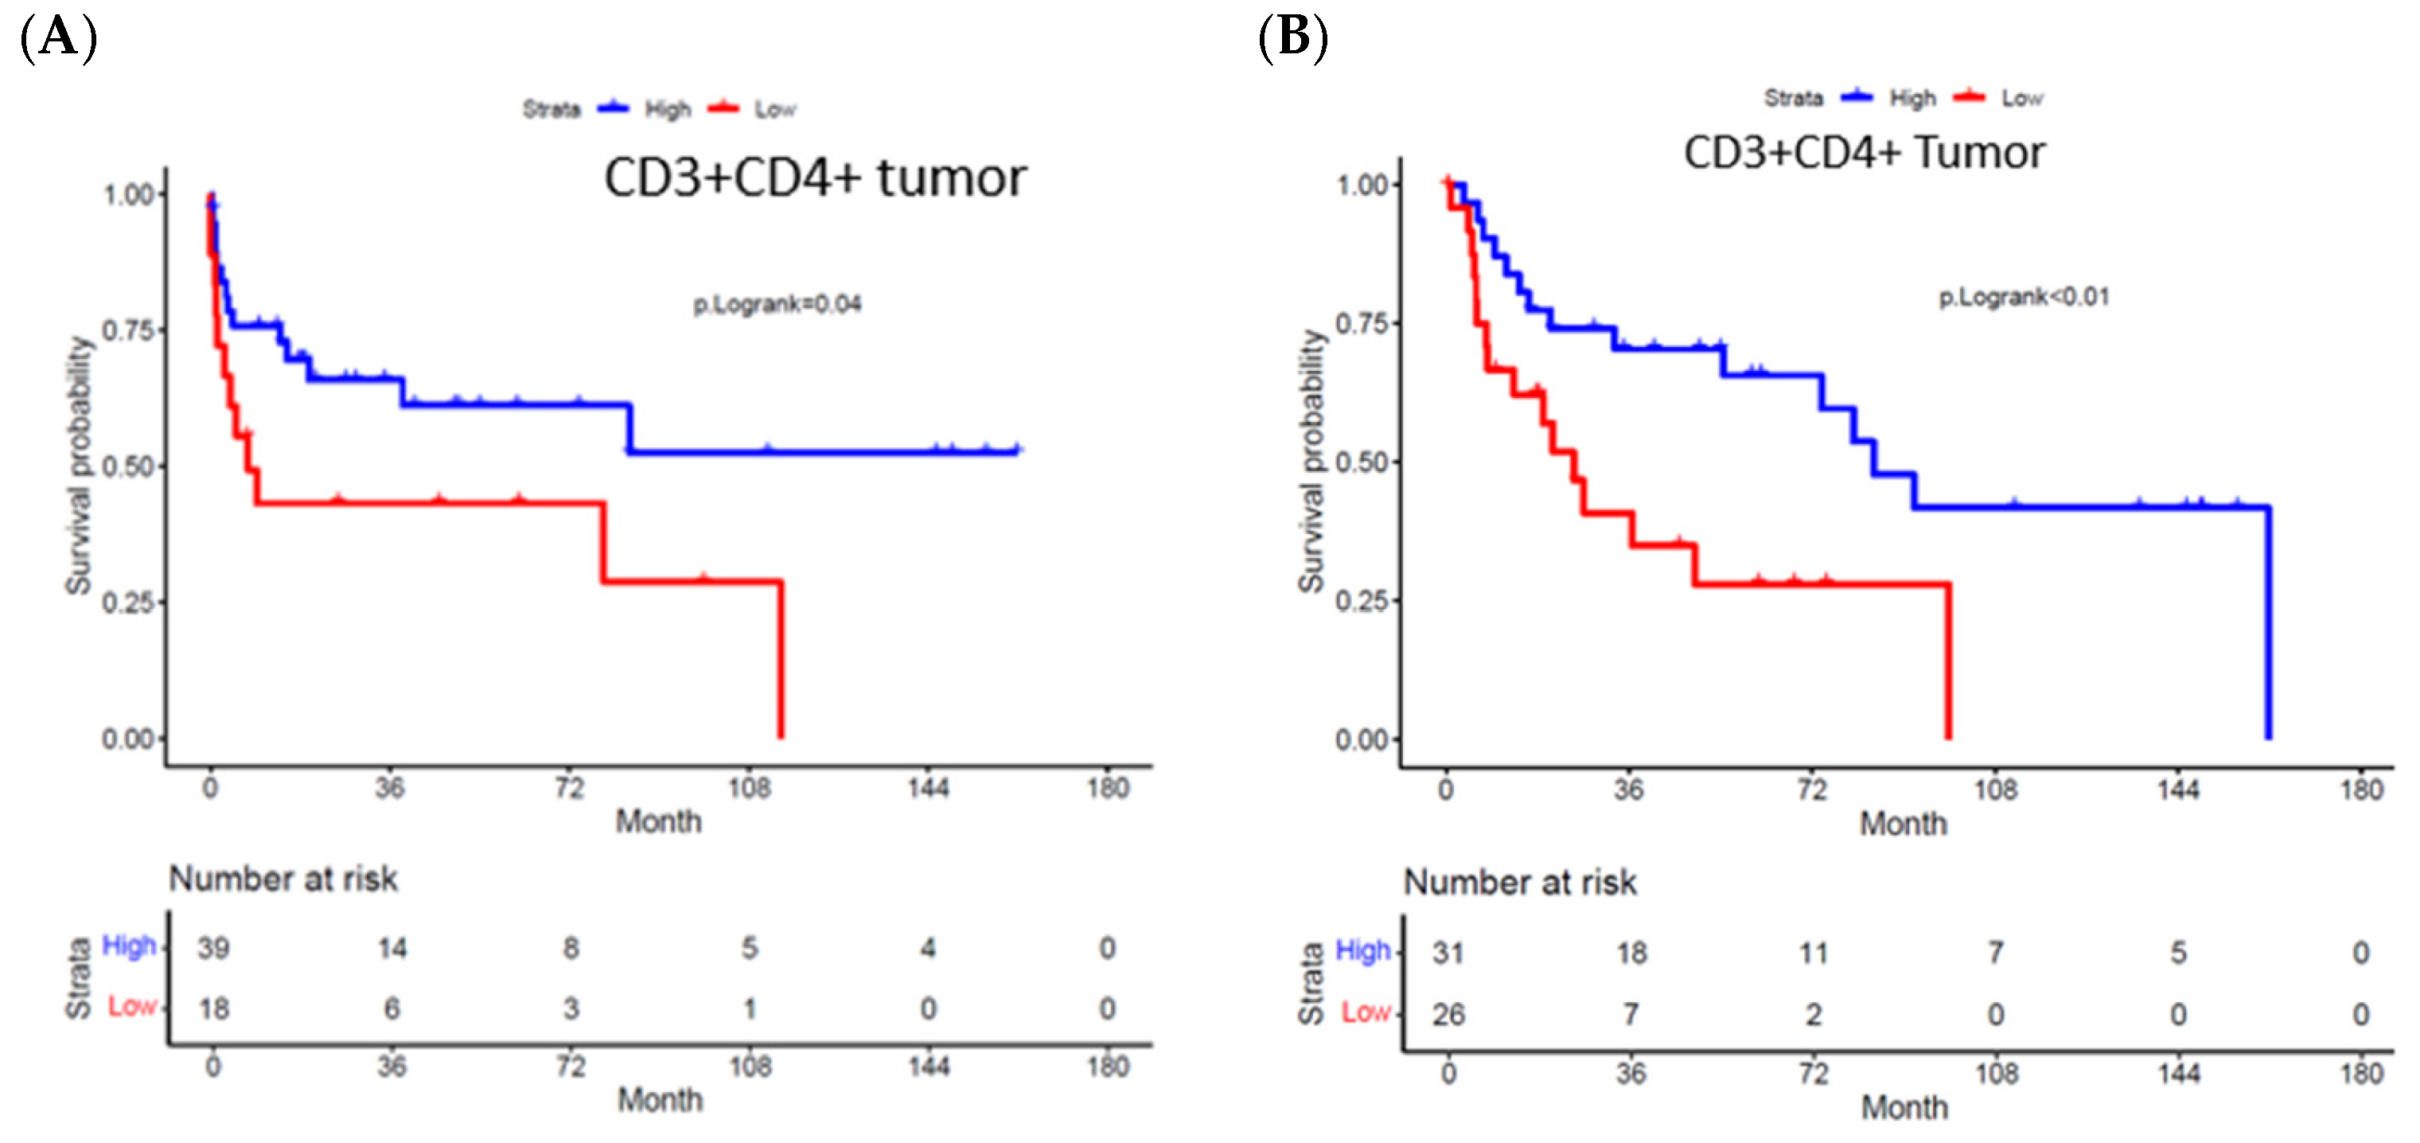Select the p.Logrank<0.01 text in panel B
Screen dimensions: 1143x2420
2024,297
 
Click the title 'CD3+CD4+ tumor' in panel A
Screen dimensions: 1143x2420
815,177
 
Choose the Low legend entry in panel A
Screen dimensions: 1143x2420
774,109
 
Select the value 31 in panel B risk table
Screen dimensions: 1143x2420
1448,953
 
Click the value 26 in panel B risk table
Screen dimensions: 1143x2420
1448,1014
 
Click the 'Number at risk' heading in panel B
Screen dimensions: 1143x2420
1519,883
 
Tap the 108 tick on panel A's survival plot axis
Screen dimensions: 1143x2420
749,788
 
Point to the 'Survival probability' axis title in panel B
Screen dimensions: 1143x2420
1311,462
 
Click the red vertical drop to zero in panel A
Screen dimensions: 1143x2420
781,658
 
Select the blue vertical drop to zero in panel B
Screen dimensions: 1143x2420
2268,620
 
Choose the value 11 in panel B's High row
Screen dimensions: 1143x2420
1812,953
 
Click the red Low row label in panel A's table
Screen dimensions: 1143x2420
131,1007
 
